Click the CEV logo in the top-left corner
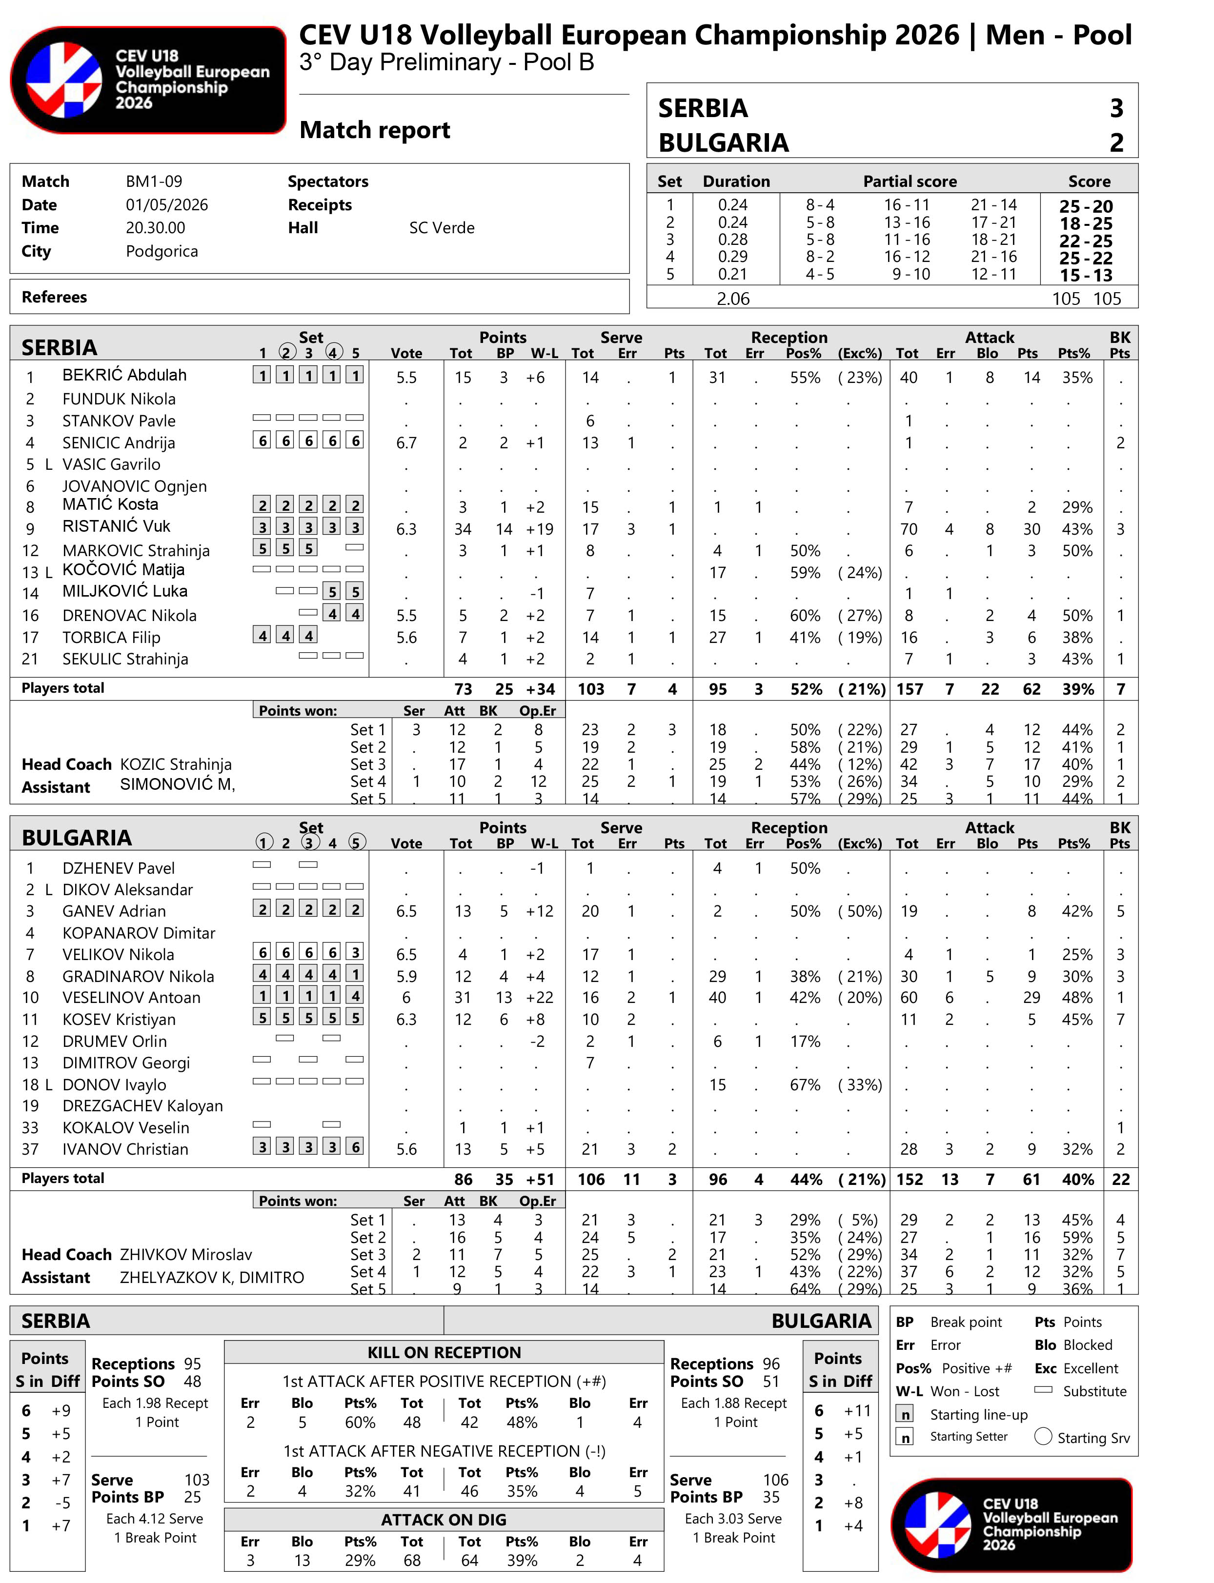coord(148,80)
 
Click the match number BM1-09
coord(154,181)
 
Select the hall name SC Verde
coord(442,228)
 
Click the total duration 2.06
coord(733,299)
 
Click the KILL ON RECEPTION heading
coord(444,1353)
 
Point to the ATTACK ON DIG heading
coord(444,1520)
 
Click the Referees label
coord(54,297)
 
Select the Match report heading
coord(374,130)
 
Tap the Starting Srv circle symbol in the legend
coord(1043,1436)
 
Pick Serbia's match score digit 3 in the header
coord(1116,108)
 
